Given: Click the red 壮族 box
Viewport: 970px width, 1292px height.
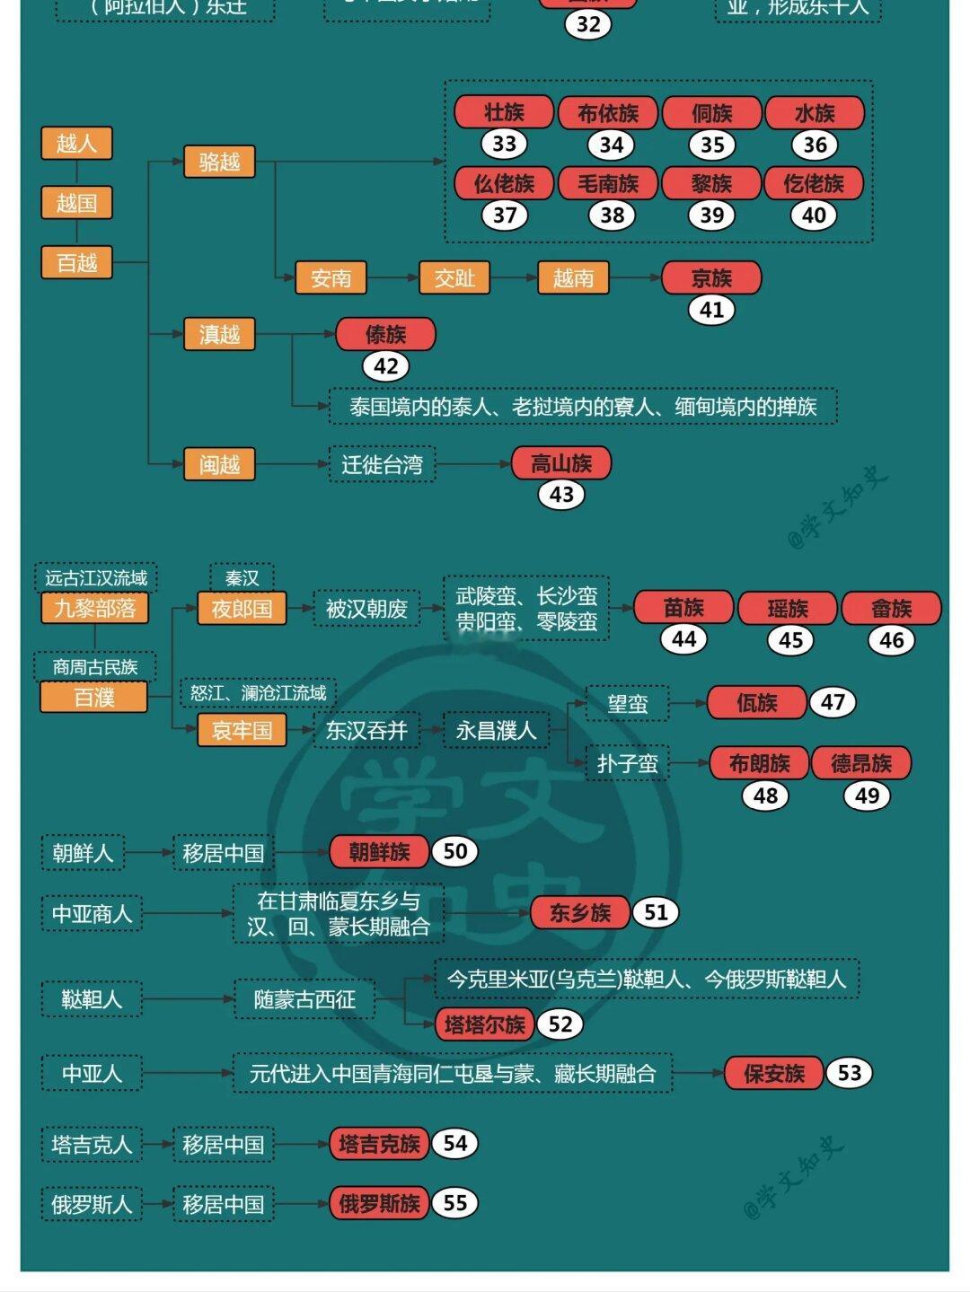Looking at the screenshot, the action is (x=504, y=112).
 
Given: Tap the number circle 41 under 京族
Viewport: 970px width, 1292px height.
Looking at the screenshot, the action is (x=711, y=310).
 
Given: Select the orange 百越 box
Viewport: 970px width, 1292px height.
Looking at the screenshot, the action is (x=76, y=263).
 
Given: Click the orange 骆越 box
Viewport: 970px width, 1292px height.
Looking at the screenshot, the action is (x=219, y=162).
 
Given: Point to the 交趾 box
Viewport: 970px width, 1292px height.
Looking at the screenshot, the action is (x=454, y=278).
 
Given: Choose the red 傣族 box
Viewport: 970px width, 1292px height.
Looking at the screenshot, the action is (x=385, y=334).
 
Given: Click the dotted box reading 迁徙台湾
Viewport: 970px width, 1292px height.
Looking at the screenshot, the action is (x=382, y=464).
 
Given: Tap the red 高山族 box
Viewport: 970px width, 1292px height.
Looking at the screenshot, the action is (x=561, y=463).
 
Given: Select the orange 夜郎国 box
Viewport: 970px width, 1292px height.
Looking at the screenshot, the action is (x=242, y=609).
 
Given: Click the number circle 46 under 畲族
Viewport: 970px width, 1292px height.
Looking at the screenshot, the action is (x=891, y=640).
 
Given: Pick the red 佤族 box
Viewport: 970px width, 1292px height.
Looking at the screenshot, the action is (x=756, y=703).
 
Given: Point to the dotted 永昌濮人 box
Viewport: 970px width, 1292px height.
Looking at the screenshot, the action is (x=496, y=731).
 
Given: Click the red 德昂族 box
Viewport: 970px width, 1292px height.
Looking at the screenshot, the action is (x=861, y=763).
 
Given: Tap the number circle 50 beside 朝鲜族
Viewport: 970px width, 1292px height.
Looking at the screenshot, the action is (x=455, y=851).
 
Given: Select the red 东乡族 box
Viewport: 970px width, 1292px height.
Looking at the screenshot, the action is (x=580, y=913).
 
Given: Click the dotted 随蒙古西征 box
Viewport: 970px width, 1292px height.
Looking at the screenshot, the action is (x=304, y=999).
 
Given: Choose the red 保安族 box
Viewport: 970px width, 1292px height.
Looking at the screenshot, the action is (x=773, y=1073).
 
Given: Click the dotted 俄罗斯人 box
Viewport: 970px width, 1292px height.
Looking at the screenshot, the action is (x=92, y=1204).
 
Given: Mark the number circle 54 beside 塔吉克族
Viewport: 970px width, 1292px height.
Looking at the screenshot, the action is (x=455, y=1143).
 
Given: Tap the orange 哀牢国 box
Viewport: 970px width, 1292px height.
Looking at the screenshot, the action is (x=242, y=730).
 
